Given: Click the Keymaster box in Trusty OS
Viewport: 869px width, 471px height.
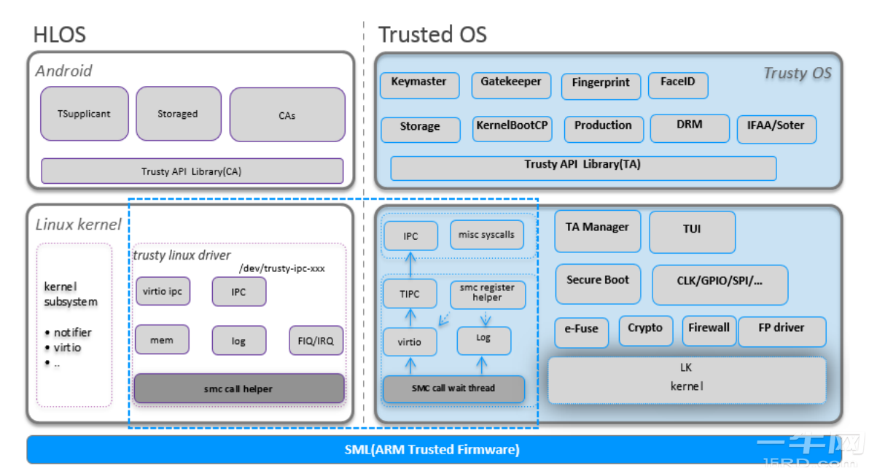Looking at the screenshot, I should coord(419,85).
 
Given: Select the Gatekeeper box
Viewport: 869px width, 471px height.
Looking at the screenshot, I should coord(510,85).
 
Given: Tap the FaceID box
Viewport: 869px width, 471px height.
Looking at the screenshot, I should coord(677,85).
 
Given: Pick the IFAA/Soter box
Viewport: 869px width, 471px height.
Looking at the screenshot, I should coord(776,129).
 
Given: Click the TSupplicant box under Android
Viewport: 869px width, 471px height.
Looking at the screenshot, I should coord(84,114).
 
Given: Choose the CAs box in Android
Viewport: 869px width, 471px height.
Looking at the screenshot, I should coord(287,114).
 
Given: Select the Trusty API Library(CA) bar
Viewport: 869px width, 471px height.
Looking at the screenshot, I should coord(192,171).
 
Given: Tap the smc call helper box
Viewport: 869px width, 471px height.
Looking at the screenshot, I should coord(238,389).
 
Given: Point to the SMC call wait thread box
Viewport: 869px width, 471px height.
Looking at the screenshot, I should coord(453,389).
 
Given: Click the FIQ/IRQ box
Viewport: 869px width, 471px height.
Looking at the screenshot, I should coord(316,340).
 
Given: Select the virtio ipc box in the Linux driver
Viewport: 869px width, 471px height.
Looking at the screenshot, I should coord(163,292).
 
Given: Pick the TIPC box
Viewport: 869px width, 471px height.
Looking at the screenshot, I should coord(410,294).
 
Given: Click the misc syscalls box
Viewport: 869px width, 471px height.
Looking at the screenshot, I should coord(486,235).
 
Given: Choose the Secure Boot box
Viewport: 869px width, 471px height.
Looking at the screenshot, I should coord(598,284).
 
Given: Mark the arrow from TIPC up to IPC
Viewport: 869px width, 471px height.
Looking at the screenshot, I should coord(410,265).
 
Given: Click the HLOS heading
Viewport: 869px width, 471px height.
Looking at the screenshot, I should coord(59,34).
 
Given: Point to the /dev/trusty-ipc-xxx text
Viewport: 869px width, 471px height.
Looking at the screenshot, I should coord(281,268).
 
